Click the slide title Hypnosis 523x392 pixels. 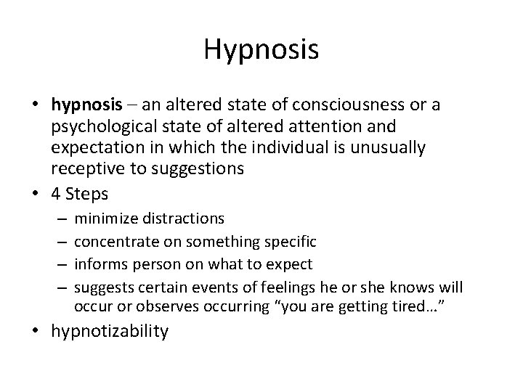pyautogui.click(x=261, y=49)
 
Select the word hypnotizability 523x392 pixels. pyautogui.click(x=109, y=332)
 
